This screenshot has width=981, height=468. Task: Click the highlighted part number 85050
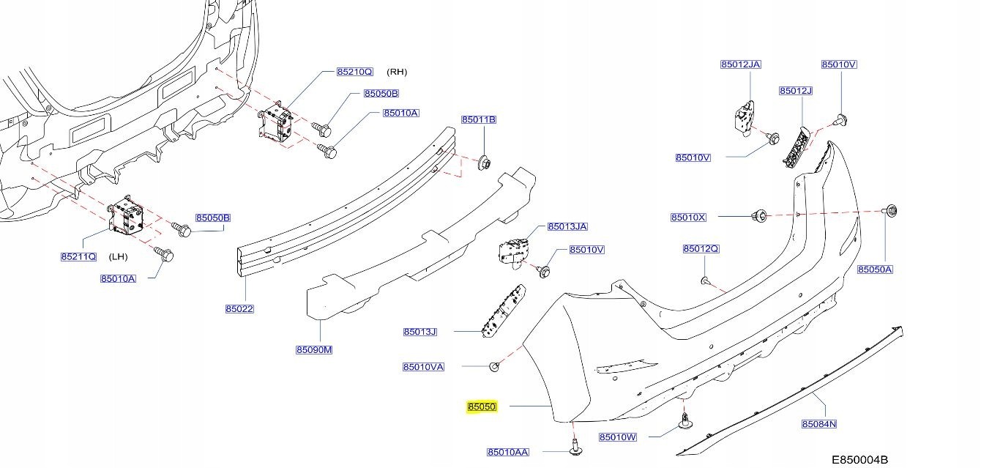pos(482,406)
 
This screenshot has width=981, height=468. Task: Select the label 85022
pos(239,309)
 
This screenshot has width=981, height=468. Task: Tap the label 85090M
pos(314,350)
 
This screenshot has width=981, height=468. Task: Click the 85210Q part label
pos(354,72)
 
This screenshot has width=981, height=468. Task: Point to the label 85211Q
pos(78,257)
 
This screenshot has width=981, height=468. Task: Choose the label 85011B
pos(478,119)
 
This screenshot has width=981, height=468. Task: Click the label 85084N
pos(819,424)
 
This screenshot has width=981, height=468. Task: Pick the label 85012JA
pos(740,64)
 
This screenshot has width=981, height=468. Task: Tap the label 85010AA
pos(507,452)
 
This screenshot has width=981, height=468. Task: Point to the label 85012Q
pos(701,249)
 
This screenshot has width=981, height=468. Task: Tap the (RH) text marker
pos(397,72)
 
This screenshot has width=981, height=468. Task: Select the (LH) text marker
pos(118,257)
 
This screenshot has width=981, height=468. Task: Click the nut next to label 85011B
pos(483,163)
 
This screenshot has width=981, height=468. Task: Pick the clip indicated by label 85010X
pos(759,216)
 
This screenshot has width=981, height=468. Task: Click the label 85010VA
pos(423,367)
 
